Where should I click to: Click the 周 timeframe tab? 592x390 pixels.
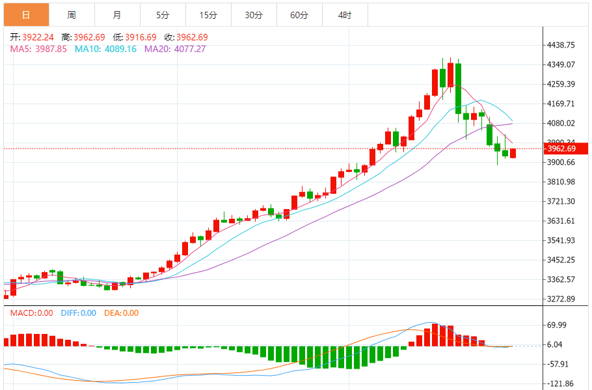click(x=72, y=15)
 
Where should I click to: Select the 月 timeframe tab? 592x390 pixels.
click(x=117, y=15)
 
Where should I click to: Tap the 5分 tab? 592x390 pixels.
click(x=163, y=15)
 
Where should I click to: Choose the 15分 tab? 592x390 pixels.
click(x=208, y=15)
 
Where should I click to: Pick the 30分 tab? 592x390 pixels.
click(x=254, y=15)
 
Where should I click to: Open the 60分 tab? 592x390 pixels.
click(x=299, y=15)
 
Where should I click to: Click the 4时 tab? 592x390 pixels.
click(x=345, y=15)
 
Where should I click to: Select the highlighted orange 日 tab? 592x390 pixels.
click(x=26, y=15)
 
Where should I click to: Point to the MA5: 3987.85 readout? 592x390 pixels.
click(x=38, y=49)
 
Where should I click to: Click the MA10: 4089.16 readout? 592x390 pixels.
click(x=105, y=49)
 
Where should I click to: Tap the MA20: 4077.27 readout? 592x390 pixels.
click(x=175, y=49)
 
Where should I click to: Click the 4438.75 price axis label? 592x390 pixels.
click(x=561, y=45)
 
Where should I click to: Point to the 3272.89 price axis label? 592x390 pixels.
click(x=561, y=299)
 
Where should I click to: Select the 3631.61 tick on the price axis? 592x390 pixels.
click(x=561, y=221)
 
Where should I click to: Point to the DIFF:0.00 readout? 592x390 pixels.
click(x=78, y=313)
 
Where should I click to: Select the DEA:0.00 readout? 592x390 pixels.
click(x=122, y=313)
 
